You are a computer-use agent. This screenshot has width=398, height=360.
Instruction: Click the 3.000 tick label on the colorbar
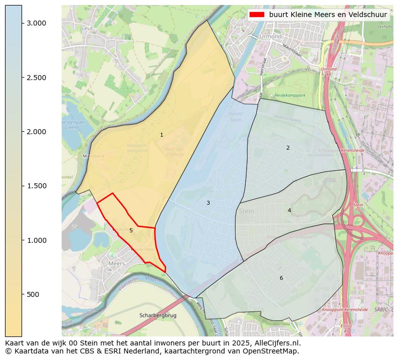(36, 24)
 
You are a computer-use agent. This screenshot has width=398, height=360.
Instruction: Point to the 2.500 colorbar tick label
(36, 78)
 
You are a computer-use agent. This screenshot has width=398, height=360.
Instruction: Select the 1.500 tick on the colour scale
(36, 186)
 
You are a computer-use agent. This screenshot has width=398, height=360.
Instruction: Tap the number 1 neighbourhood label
(161, 135)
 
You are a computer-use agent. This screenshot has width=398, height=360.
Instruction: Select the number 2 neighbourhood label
(288, 148)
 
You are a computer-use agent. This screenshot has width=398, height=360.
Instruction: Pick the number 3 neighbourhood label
(208, 203)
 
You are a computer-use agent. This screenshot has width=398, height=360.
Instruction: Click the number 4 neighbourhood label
(289, 210)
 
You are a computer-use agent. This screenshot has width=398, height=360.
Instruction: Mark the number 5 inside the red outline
(131, 231)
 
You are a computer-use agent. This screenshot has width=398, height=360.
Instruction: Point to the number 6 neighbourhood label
(281, 278)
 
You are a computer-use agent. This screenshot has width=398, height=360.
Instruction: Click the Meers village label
(117, 263)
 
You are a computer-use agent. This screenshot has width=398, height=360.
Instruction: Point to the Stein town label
(247, 211)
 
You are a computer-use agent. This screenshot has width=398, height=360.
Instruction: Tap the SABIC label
(381, 310)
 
